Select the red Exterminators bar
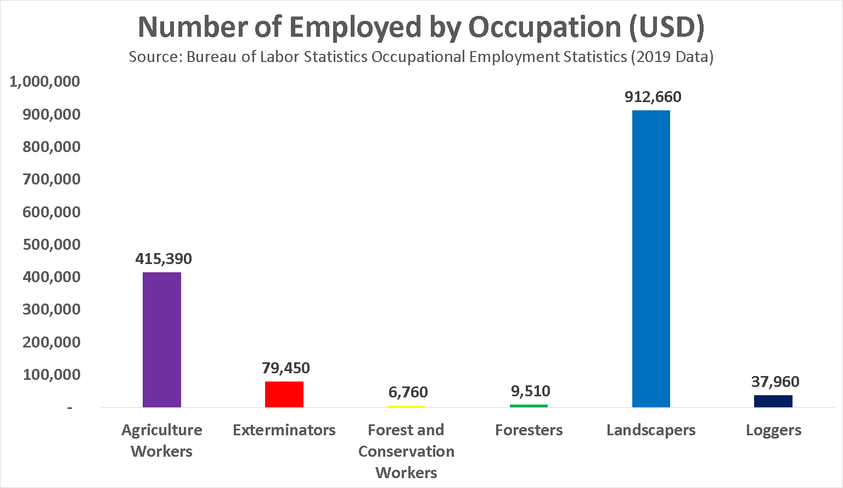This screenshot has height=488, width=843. point(284,394)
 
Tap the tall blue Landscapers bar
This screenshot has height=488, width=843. point(651,259)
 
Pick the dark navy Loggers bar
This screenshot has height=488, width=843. point(773,401)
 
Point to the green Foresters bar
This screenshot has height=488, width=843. point(529,406)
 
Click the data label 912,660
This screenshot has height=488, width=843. point(653,97)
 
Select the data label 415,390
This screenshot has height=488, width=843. point(164,259)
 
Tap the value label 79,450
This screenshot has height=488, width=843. point(286,368)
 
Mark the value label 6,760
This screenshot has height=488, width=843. point(408,392)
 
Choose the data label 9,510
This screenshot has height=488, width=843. point(530,391)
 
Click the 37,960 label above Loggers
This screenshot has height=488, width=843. point(775,382)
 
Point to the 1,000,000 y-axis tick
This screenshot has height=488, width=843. point(44,82)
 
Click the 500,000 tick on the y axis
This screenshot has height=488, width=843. point(52,244)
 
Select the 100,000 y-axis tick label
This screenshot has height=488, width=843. point(52,374)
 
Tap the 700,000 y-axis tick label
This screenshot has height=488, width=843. point(52,179)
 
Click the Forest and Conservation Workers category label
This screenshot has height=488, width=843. point(406,451)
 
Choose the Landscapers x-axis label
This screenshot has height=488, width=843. point(651,430)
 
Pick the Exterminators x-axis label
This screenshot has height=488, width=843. point(284,430)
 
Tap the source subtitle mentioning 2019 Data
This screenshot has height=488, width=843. point(421,57)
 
